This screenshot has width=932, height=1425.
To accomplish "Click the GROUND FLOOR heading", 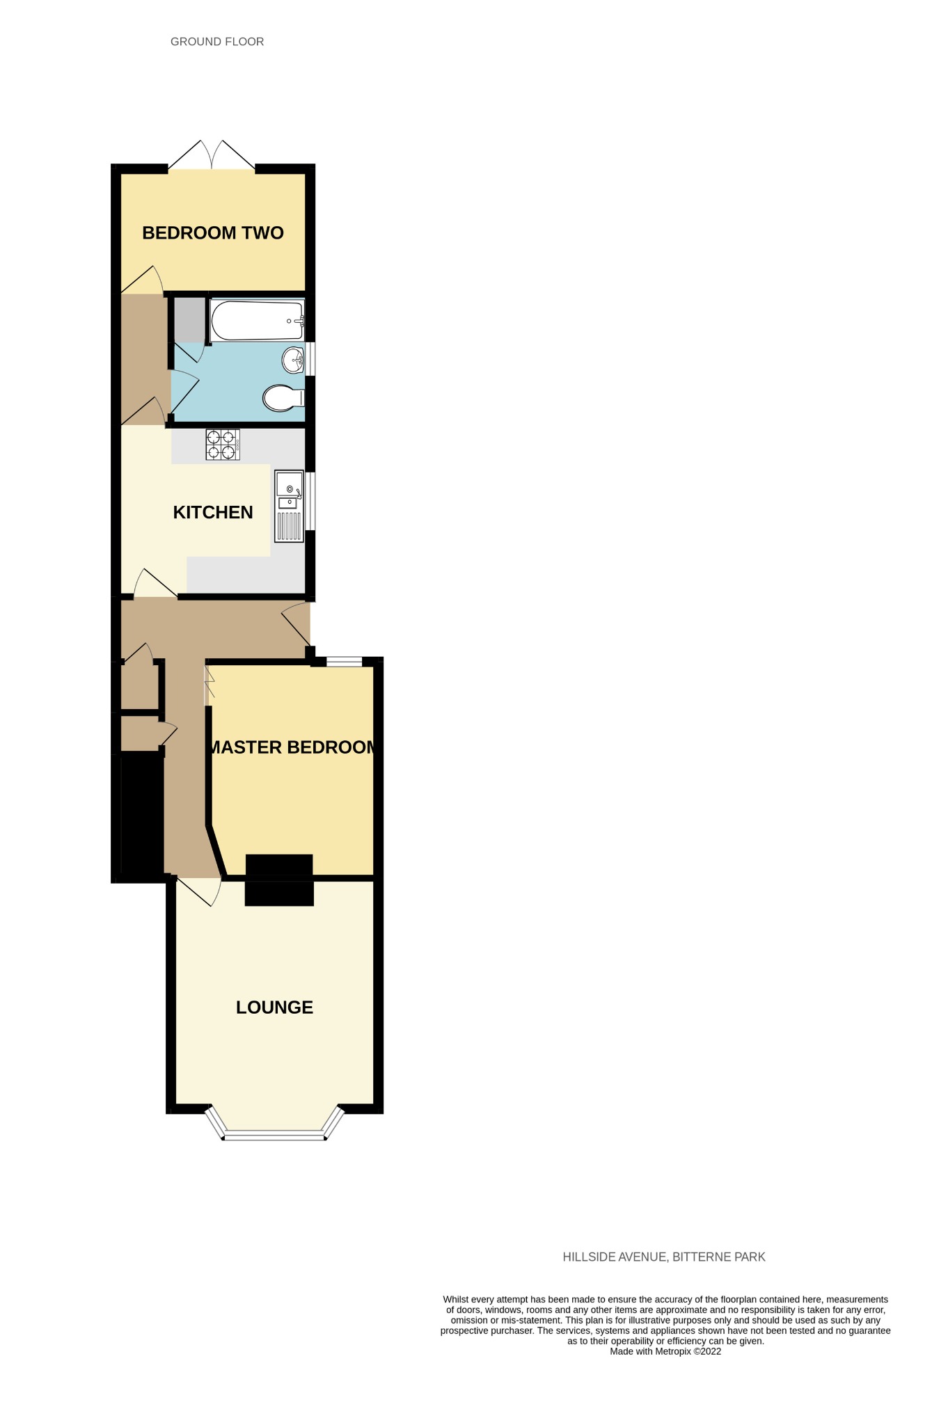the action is (x=217, y=42).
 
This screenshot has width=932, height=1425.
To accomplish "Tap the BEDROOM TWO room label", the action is (x=213, y=233).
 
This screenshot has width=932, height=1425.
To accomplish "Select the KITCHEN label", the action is (x=213, y=513).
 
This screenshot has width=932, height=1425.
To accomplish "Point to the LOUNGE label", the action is (x=274, y=1008).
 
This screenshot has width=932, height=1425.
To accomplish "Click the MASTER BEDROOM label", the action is (x=292, y=747).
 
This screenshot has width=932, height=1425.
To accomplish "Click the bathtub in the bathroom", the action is (x=257, y=321).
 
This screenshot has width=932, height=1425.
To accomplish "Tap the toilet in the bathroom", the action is (x=284, y=398).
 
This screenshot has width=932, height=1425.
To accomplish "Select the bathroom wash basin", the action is (x=293, y=360).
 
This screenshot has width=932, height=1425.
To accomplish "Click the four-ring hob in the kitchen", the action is (x=223, y=445).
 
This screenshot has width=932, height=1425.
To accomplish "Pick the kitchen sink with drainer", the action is (x=290, y=507).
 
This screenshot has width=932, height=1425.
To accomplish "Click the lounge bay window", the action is (x=275, y=1124).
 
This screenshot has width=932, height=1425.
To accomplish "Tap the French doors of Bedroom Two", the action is (x=212, y=154).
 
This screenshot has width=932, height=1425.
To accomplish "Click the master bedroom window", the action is (x=345, y=662).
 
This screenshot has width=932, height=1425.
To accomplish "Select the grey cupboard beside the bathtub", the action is (x=189, y=319).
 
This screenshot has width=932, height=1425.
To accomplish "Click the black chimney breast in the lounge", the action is (x=279, y=893).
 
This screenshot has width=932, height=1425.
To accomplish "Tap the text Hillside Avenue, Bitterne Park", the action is (x=664, y=1257).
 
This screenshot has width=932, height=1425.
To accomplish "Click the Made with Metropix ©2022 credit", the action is (x=665, y=1352).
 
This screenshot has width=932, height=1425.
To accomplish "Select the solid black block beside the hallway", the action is (x=142, y=814).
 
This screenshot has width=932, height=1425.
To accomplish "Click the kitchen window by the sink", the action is (x=310, y=501).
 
